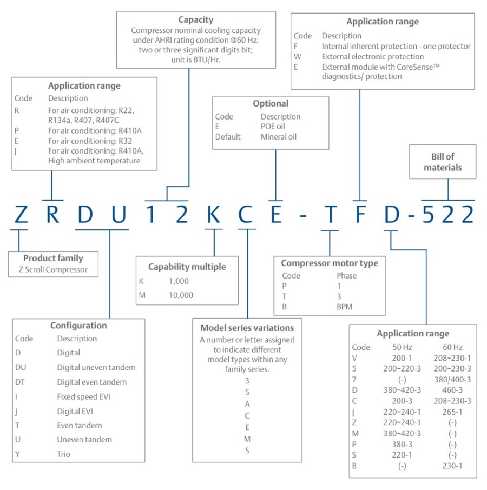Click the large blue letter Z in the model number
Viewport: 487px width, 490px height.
21,214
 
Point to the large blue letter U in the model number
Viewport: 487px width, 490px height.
119,214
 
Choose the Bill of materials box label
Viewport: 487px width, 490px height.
443,162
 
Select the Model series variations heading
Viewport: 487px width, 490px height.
247,328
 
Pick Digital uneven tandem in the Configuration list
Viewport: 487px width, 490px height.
96,367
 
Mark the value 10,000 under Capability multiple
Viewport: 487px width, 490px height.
181,295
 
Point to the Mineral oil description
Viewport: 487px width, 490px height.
279,137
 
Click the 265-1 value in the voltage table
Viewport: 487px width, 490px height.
452,412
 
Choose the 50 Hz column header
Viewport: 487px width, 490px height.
402,347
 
